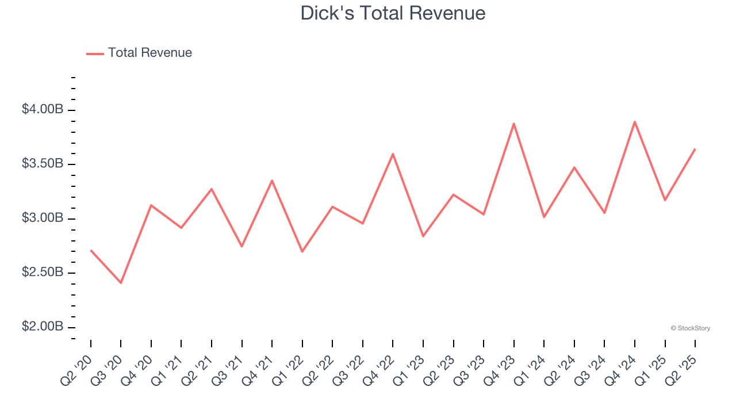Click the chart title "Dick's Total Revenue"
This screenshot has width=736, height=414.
pyautogui.click(x=393, y=13)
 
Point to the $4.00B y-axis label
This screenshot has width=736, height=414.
pyautogui.click(x=43, y=109)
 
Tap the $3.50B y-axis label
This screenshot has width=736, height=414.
pyautogui.click(x=43, y=164)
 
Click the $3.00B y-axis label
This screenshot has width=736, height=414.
pyautogui.click(x=43, y=218)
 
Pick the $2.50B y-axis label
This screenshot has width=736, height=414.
pyautogui.click(x=43, y=273)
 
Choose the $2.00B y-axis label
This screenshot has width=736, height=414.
pyautogui.click(x=43, y=327)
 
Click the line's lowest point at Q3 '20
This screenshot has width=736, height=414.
pyautogui.click(x=121, y=283)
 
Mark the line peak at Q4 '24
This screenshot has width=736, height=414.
pyautogui.click(x=635, y=121)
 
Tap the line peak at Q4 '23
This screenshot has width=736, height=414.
pyautogui.click(x=514, y=123)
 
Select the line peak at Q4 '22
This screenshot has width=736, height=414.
pyautogui.click(x=393, y=154)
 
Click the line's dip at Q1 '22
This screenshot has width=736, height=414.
pyautogui.click(x=302, y=252)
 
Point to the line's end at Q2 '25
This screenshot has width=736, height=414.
pyautogui.click(x=695, y=149)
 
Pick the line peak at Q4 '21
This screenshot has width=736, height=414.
pyautogui.click(x=272, y=181)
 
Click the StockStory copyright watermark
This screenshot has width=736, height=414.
pyautogui.click(x=690, y=328)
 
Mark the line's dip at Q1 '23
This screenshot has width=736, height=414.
pyautogui.click(x=423, y=236)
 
